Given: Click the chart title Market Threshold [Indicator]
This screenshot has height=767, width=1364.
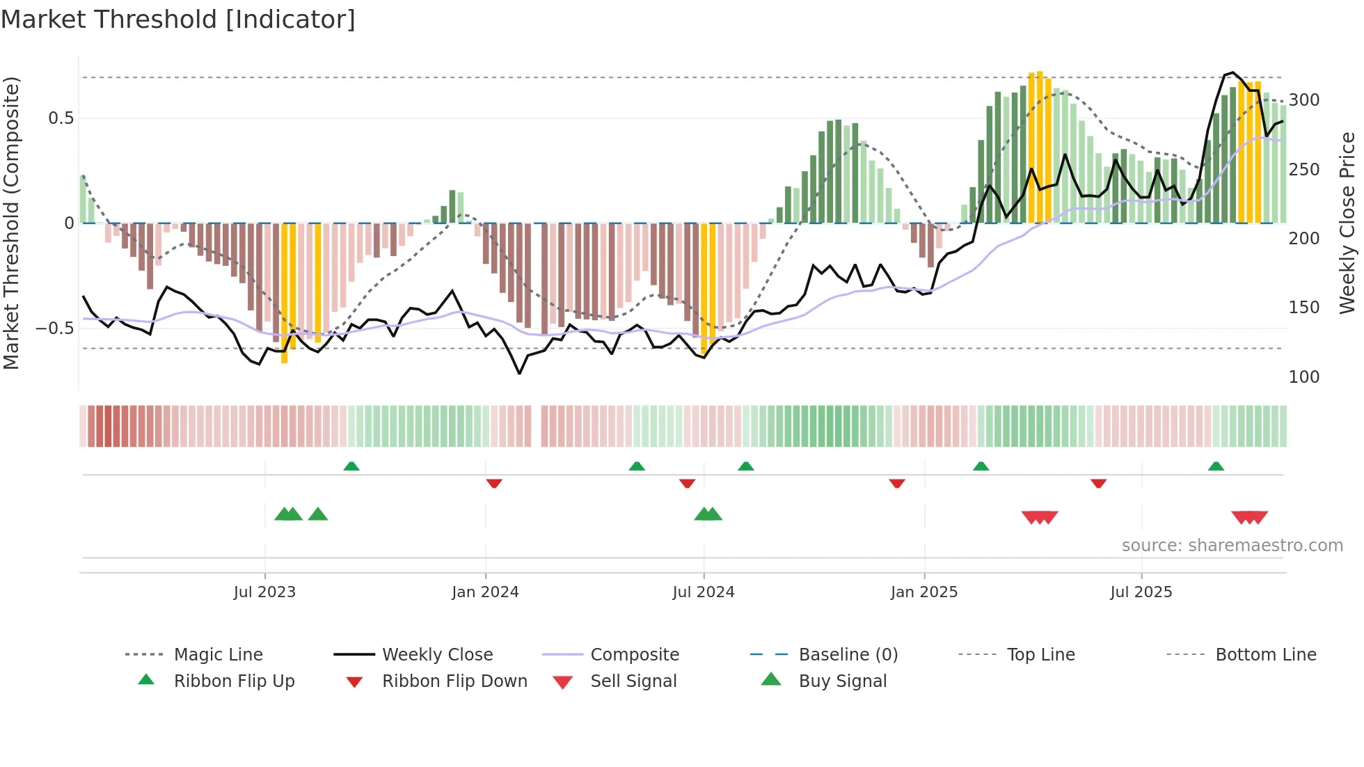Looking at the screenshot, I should pos(178,19).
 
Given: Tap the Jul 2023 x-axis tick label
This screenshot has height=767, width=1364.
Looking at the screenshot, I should pos(264,592).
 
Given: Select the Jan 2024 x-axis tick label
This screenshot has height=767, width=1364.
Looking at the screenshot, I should pos(485,592).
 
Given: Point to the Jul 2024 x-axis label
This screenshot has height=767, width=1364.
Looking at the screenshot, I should pos(703,592).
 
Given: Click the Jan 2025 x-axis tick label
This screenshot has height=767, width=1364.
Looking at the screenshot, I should pos(923,592).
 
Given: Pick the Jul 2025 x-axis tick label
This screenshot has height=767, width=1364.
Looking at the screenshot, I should pos(1141,592).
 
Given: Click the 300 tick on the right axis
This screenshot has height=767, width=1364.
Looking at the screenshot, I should pos(1303,100).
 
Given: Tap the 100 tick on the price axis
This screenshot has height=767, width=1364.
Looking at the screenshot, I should pos(1303,377).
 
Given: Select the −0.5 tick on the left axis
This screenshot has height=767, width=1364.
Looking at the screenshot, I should pos(54,328).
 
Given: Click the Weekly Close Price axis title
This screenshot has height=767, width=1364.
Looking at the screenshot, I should pos(1347,223).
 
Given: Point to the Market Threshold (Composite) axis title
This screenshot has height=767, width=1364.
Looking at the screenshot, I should pos(11,223).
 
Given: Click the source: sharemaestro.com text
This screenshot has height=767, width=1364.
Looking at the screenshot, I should pos(1232,546).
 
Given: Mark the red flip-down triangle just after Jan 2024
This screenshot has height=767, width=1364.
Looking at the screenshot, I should pos(494,483).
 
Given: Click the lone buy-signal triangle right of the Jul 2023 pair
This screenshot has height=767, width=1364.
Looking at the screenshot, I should pos(318,514).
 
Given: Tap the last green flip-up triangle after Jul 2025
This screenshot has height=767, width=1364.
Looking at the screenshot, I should pos(1216,466).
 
